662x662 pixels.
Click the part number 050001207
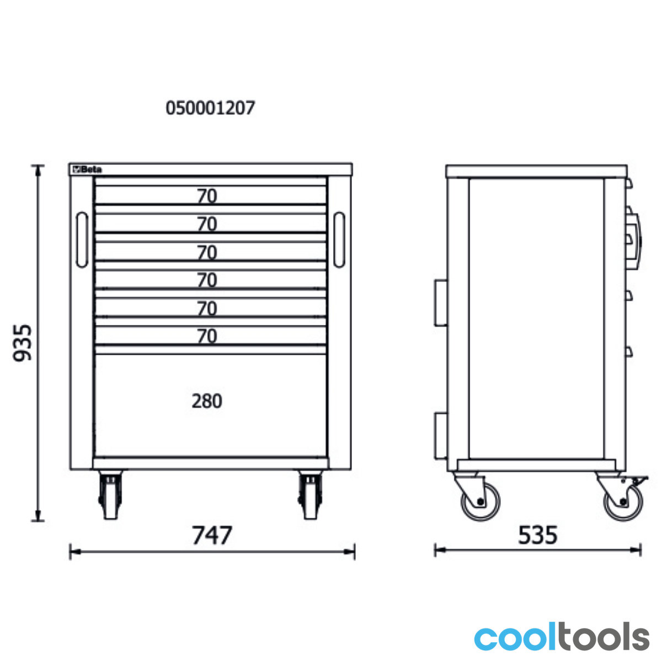click(210, 108)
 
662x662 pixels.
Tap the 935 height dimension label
click(22, 343)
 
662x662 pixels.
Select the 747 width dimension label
click(212, 535)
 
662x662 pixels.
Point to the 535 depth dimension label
click(538, 535)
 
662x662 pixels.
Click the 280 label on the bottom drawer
click(207, 401)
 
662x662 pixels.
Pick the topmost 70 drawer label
click(207, 196)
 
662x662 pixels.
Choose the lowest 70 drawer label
click(207, 336)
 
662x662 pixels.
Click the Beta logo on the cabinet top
click(87, 170)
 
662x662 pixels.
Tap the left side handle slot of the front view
click(82, 239)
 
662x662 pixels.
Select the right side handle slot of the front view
click(339, 239)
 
